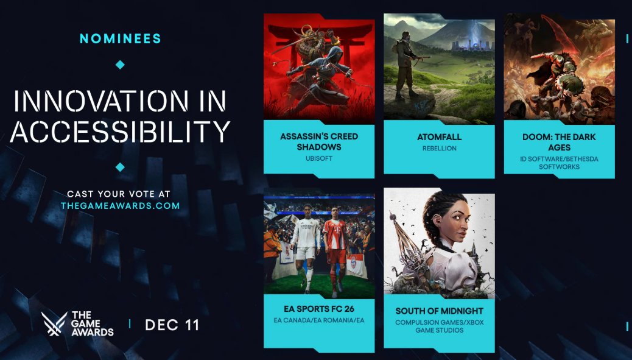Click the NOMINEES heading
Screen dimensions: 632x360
(x=121, y=39)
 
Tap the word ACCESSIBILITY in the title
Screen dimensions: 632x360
(x=120, y=132)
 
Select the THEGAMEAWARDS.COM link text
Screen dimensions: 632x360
(x=120, y=206)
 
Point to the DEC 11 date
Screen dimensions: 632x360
(x=172, y=325)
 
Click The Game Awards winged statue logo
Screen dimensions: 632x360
(x=54, y=323)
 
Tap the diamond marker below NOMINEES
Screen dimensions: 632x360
(x=120, y=65)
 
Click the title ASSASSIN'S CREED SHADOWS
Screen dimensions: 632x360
(x=319, y=141)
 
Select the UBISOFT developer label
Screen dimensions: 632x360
(x=319, y=158)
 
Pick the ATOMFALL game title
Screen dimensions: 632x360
(x=440, y=137)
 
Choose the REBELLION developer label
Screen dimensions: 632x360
(x=440, y=149)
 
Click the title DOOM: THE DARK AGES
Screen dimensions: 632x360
(x=559, y=143)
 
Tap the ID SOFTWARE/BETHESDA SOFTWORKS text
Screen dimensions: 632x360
(x=559, y=163)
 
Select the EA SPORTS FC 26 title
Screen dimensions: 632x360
(x=319, y=309)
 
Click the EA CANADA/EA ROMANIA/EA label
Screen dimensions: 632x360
(x=319, y=320)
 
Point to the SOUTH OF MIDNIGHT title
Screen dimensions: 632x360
(x=440, y=311)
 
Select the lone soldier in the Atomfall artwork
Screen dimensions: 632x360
(x=405, y=65)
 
